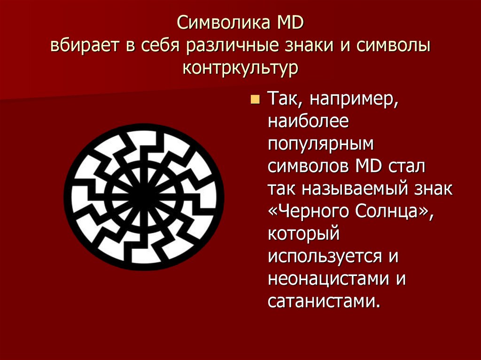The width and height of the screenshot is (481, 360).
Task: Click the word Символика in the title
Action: (217, 23)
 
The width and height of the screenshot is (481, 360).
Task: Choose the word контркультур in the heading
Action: (240, 69)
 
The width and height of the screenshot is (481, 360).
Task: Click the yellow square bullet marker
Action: (255, 100)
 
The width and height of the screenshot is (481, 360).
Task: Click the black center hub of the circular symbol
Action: (144, 197)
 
